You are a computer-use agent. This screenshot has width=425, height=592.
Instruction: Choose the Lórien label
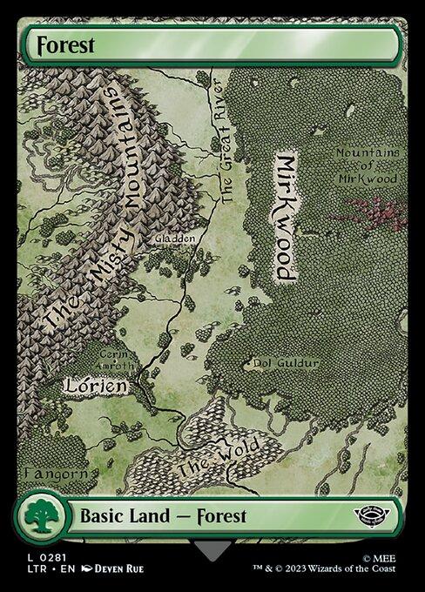click(x=97, y=384)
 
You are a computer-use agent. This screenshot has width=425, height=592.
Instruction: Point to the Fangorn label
click(x=56, y=474)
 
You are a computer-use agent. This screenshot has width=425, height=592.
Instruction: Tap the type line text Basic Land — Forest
click(x=163, y=515)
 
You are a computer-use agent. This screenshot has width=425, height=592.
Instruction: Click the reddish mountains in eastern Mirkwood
click(x=376, y=212)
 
